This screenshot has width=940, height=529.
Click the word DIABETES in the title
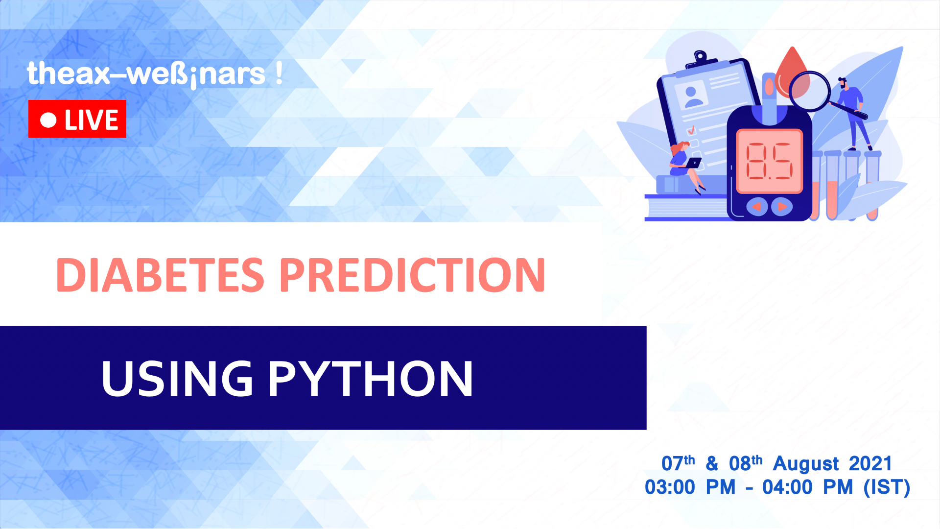(x=160, y=275)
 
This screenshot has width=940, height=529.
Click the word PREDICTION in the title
(x=412, y=275)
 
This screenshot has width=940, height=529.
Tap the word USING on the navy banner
(x=177, y=379)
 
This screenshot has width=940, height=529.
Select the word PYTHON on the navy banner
(x=370, y=379)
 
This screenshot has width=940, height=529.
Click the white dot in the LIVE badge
(x=48, y=120)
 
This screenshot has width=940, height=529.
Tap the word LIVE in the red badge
(x=92, y=120)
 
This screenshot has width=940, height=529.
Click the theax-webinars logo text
(x=154, y=74)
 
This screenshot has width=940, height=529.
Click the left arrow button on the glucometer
(x=757, y=207)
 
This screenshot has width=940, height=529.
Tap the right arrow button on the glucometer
(x=782, y=207)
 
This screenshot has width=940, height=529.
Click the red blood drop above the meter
(x=792, y=69)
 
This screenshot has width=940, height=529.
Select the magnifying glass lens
(x=809, y=92)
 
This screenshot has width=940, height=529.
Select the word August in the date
(x=806, y=463)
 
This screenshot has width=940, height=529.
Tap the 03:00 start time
(x=669, y=487)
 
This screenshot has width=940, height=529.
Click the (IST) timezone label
(x=887, y=487)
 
